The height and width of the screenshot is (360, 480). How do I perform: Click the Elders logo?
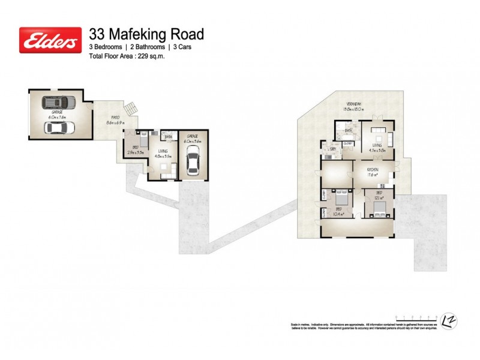(x=50, y=40)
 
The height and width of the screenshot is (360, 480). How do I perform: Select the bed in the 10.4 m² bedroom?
(x=341, y=199)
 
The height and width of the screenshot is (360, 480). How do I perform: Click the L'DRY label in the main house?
(x=332, y=149)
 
